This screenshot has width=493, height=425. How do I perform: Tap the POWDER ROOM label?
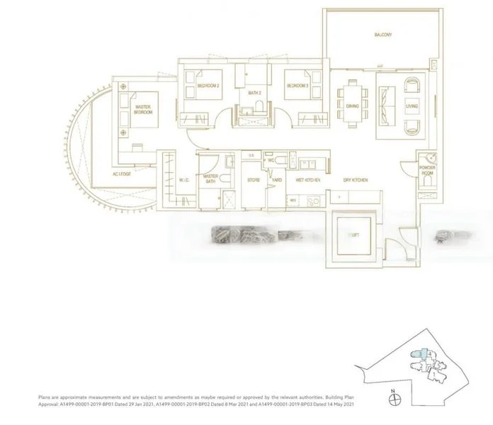click(427, 170)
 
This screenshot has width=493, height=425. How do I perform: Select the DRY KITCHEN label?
click(355, 181)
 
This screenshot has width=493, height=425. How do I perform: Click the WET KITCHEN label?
click(308, 181)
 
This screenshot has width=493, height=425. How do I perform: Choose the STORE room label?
click(254, 181)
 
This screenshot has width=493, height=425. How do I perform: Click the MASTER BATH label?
click(210, 178)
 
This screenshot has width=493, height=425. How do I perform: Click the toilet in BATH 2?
click(259, 108)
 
